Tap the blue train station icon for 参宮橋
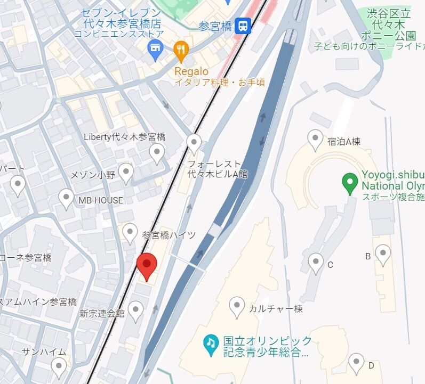(x=243, y=26)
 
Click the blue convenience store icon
(x=155, y=51)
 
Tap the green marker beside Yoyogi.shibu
(x=350, y=183)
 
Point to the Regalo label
(x=191, y=71)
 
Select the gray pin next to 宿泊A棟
(x=315, y=140)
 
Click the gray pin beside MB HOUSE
(x=66, y=199)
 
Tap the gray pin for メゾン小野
(x=126, y=173)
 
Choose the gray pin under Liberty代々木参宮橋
(x=157, y=153)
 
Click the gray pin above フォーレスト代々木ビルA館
(x=194, y=143)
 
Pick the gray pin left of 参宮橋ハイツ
(x=130, y=233)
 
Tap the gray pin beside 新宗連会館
(x=137, y=311)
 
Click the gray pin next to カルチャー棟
(x=237, y=307)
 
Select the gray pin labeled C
(x=316, y=263)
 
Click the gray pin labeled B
(x=383, y=255)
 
